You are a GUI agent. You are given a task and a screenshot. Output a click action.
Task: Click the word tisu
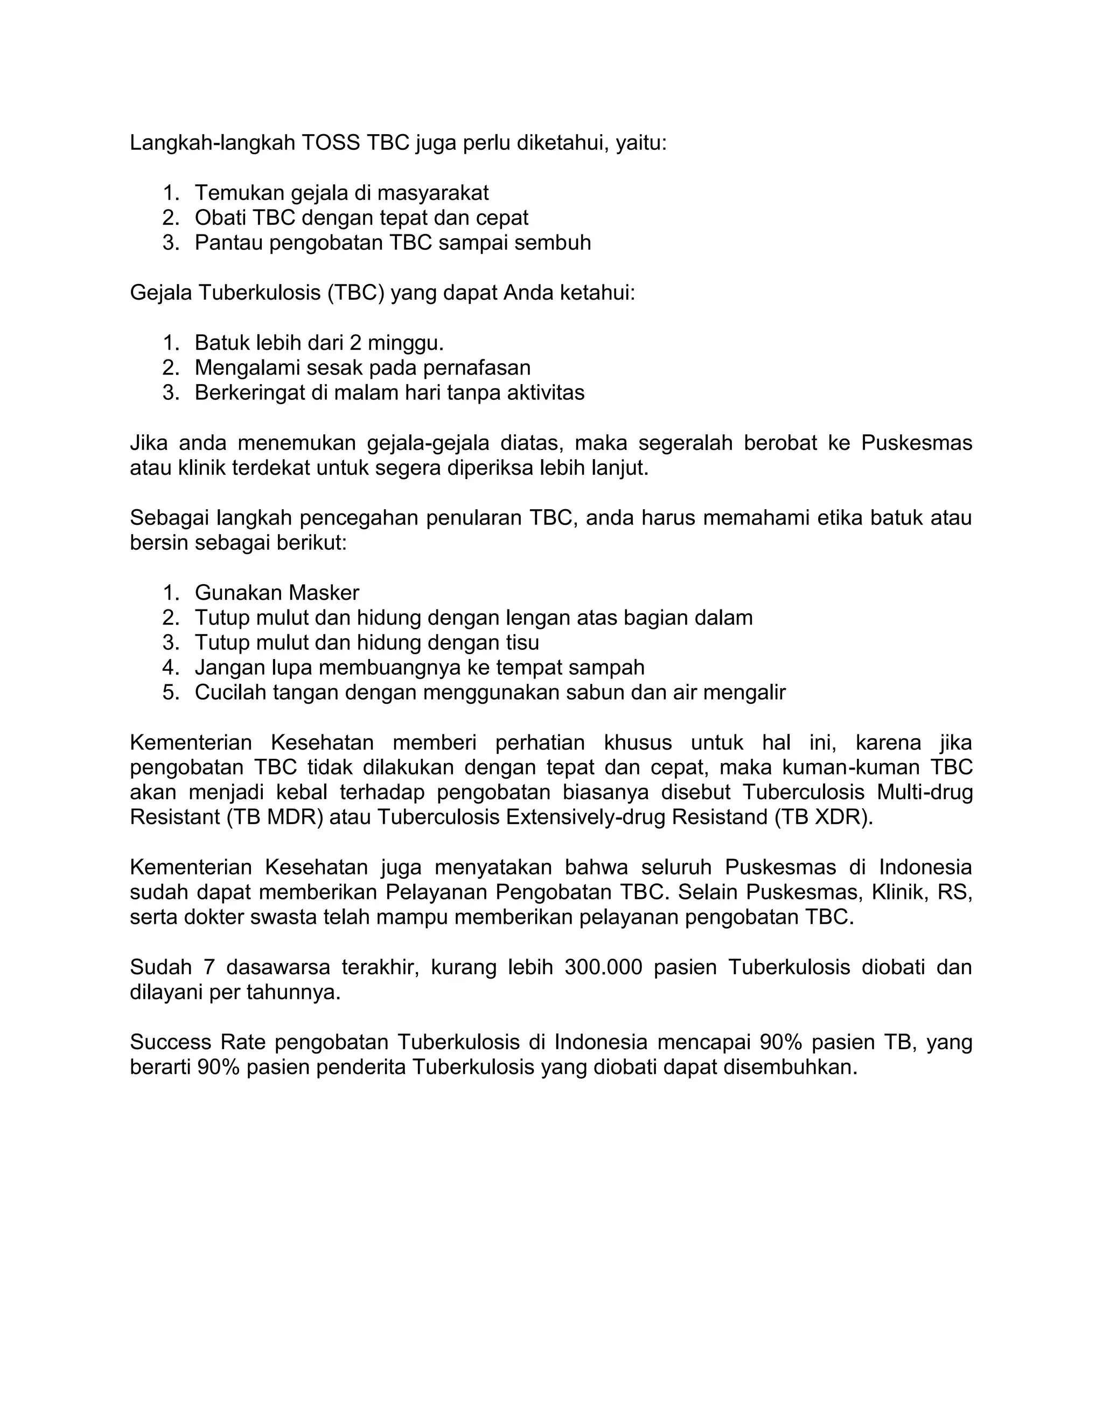tap(522, 642)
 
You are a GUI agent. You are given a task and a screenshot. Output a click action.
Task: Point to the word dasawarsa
tap(275, 967)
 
